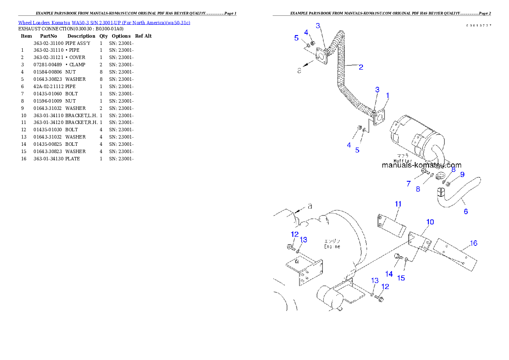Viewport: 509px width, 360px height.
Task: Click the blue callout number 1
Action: pos(388,95)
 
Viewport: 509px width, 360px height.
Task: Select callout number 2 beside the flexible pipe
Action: pos(361,67)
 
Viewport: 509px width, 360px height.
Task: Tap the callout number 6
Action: pos(466,211)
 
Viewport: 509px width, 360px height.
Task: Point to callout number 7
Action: pos(408,184)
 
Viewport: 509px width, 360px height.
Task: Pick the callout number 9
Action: pos(462,174)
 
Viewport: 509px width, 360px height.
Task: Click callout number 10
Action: pos(430,221)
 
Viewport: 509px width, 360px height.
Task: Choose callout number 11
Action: pos(398,204)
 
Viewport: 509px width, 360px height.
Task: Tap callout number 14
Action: pos(389,274)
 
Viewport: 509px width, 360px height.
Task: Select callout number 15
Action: pos(401,278)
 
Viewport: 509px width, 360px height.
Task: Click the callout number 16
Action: pos(473,243)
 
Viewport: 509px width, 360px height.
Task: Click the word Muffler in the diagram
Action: pos(402,161)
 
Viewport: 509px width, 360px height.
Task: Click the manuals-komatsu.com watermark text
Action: pos(421,165)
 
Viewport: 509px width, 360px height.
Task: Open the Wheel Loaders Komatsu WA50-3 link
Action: pos(104,22)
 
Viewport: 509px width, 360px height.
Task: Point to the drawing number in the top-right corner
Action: pos(479,26)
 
